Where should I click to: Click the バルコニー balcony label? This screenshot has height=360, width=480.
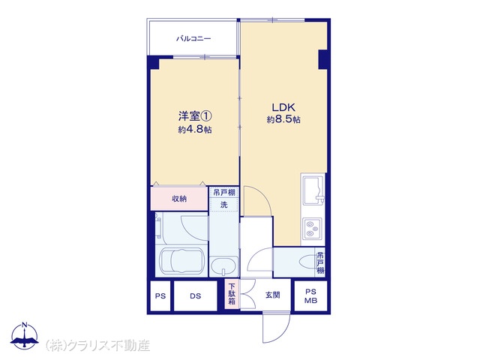pyautogui.click(x=193, y=39)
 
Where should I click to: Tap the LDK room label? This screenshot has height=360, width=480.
pyautogui.click(x=283, y=107)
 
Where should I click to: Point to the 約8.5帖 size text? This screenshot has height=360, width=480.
pyautogui.click(x=283, y=119)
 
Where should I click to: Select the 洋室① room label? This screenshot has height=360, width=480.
pyautogui.click(x=195, y=116)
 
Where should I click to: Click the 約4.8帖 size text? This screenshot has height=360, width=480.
pyautogui.click(x=195, y=130)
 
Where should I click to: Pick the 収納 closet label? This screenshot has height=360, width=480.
pyautogui.click(x=179, y=199)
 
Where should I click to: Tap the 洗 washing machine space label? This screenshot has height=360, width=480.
pyautogui.click(x=224, y=205)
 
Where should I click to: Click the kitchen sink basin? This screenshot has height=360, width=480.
pyautogui.click(x=313, y=190)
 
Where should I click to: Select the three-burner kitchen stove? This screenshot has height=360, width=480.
pyautogui.click(x=312, y=229)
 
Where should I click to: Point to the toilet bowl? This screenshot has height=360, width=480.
pyautogui.click(x=307, y=262)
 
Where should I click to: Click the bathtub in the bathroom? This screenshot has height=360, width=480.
pyautogui.click(x=181, y=260)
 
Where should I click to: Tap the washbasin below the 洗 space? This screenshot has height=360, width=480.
pyautogui.click(x=223, y=267)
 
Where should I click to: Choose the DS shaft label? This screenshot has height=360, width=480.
pyautogui.click(x=195, y=296)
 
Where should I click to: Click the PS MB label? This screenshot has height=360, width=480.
pyautogui.click(x=310, y=296)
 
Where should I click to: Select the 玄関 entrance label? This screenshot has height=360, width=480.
pyautogui.click(x=272, y=295)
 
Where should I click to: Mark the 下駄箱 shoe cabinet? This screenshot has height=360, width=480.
pyautogui.click(x=232, y=294)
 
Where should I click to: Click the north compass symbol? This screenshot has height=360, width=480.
pyautogui.click(x=25, y=336)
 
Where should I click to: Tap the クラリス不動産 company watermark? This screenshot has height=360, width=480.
pyautogui.click(x=97, y=346)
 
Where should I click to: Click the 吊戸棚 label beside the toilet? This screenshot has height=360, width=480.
pyautogui.click(x=320, y=262)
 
